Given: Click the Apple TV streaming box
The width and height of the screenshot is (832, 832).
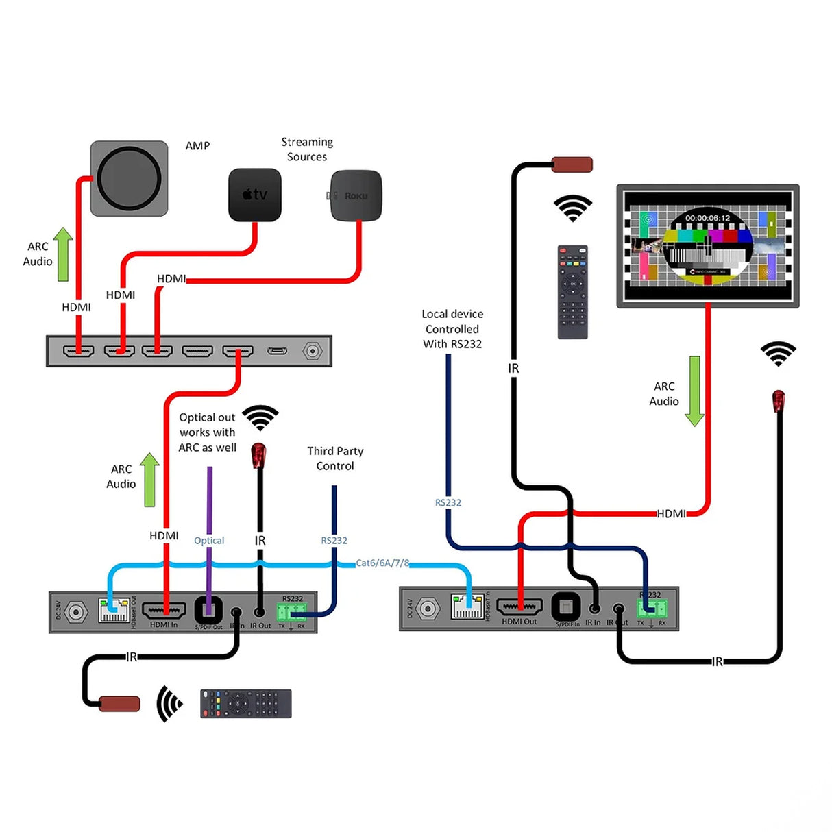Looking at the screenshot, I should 254,195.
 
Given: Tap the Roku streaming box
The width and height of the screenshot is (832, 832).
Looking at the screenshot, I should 356,196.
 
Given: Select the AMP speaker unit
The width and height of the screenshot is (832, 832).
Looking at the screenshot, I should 129,179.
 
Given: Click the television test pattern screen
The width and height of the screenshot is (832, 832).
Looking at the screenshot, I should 708,245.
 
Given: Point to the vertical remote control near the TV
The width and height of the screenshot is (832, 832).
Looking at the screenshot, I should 572,292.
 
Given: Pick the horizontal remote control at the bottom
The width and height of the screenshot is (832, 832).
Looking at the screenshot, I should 245,704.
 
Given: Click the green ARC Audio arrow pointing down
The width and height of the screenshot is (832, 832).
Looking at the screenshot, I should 694,391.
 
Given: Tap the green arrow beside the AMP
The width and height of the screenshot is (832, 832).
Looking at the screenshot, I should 63,254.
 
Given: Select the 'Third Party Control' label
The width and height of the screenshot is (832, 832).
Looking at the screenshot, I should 335,458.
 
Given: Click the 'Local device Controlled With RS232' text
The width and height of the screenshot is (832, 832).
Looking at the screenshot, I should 452,329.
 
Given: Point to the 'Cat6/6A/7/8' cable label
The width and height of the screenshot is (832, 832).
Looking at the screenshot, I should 382,563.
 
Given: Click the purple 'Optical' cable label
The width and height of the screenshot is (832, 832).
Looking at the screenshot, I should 209,541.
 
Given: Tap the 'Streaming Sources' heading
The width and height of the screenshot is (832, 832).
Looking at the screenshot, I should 307,149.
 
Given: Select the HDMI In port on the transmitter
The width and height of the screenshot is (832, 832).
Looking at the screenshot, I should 164,609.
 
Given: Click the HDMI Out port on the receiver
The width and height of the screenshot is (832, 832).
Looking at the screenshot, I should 519,607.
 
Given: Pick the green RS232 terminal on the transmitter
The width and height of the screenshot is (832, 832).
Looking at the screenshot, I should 291,611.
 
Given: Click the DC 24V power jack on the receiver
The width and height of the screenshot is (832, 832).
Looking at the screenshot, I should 428,608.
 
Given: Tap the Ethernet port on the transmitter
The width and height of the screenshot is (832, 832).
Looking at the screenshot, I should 114,610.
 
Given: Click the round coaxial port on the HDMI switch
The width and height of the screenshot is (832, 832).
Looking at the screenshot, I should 313,352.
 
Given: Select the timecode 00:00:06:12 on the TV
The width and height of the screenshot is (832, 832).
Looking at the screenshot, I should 707,218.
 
